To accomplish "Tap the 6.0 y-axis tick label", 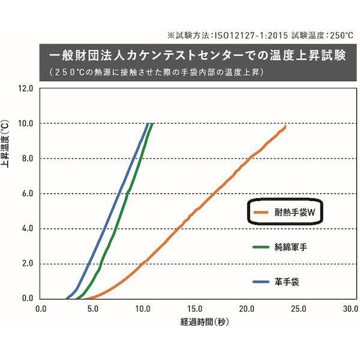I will coord(27,194).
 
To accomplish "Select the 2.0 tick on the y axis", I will coord(27,264).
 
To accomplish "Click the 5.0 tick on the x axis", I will coord(92,310).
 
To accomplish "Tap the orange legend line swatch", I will coord(259,212).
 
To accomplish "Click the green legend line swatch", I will coord(259,246).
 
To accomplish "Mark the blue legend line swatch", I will coord(259,280).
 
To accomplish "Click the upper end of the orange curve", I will coord(286,126).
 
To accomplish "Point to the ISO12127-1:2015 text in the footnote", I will coord(238,35).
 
